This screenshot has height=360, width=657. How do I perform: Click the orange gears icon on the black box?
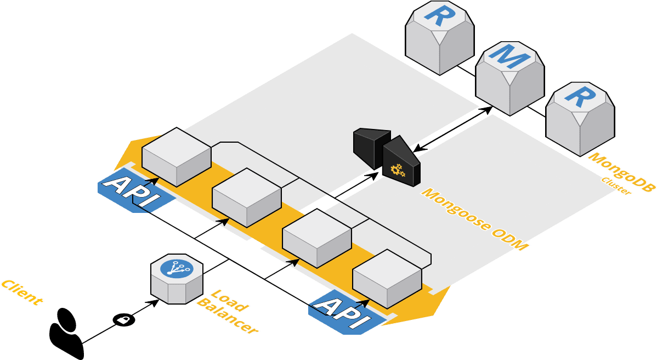tap(398, 170)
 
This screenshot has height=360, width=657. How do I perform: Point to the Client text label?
tap(21, 292)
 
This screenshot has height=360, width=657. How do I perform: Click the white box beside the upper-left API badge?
tap(177, 156)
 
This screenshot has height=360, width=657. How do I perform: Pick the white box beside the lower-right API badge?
tap(387, 278)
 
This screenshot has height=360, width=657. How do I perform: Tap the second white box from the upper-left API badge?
tap(247, 197)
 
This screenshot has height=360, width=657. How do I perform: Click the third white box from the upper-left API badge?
tap(317, 238)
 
